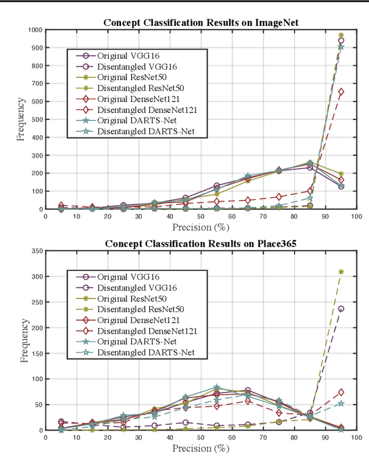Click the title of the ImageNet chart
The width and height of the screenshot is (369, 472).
[x=201, y=22]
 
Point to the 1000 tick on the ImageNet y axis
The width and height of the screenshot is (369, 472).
[x=35, y=30]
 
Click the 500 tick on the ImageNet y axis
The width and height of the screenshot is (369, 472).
[x=37, y=120]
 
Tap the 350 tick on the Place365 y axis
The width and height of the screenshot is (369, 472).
[x=37, y=251]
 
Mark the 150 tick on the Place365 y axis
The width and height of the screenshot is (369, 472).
[x=37, y=353]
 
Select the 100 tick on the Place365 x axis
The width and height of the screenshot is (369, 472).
[x=356, y=437]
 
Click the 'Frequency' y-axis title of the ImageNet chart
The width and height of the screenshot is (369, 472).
[x=20, y=120]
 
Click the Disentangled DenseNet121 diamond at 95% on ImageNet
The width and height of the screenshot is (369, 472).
[x=341, y=92]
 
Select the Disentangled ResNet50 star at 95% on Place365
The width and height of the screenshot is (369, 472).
[x=341, y=272]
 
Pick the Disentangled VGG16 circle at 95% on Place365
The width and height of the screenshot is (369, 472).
[x=341, y=309]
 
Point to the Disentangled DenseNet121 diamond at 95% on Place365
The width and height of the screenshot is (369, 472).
[x=341, y=392]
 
